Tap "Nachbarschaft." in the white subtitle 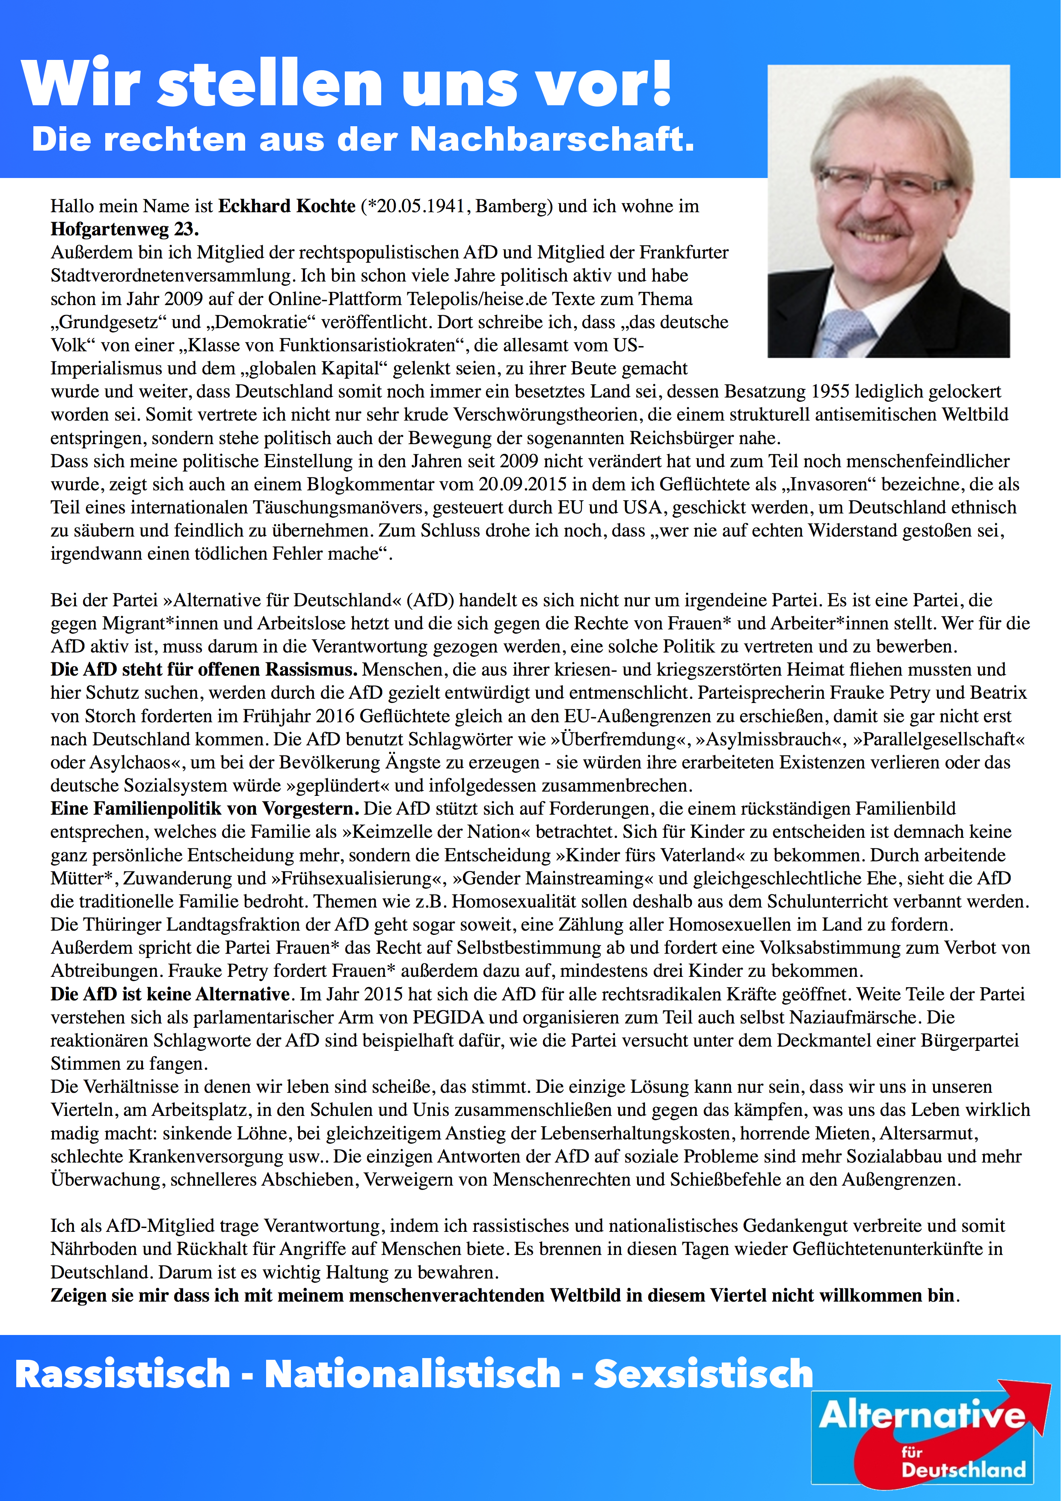point(552,139)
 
